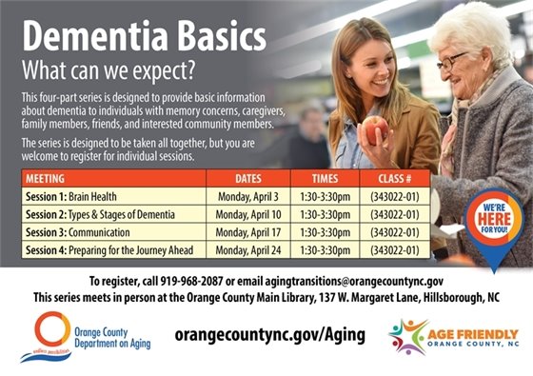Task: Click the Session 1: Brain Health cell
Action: [71, 196]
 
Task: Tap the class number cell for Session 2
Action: [396, 214]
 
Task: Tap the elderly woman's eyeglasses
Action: [454, 59]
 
